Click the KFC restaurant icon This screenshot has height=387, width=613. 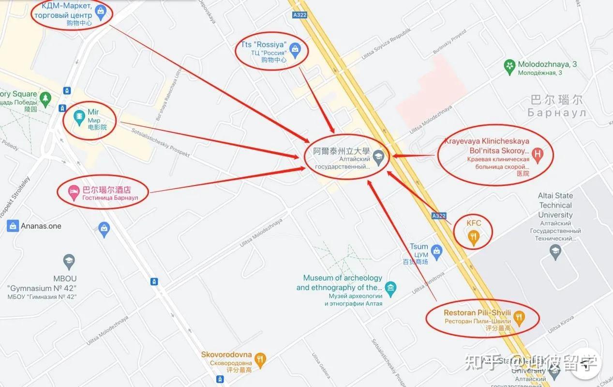point(474,237)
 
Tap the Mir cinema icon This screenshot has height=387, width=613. point(79,117)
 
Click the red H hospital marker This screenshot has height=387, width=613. point(537,155)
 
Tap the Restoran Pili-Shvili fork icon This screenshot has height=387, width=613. point(519,318)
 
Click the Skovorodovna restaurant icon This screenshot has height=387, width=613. point(260,359)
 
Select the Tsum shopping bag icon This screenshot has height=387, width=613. point(437,251)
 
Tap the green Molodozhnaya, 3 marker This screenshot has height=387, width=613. point(509,67)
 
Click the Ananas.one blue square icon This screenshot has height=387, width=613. point(13,226)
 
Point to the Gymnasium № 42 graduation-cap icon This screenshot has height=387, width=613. point(69,262)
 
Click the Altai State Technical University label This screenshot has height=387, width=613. point(555,205)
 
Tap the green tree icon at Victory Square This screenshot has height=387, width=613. point(45,99)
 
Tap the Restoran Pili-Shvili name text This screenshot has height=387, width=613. point(477,313)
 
